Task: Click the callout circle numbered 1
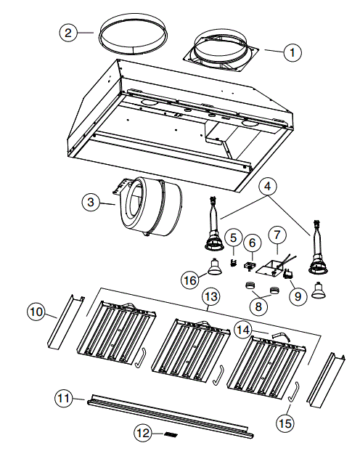292,52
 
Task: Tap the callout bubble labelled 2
67,33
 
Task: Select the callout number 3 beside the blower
91,203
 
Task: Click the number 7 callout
276,235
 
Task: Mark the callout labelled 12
143,434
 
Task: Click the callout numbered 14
245,329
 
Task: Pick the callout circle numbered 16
189,280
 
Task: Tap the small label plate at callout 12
171,434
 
